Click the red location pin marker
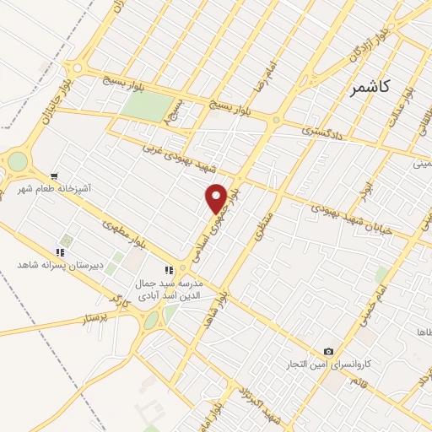[x=216, y=197]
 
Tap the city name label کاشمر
[x=373, y=87]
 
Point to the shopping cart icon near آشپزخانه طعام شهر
[x=54, y=178]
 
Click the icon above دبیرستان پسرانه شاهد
[x=59, y=251]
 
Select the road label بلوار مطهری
[x=121, y=231]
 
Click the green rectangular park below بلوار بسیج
[x=146, y=107]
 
